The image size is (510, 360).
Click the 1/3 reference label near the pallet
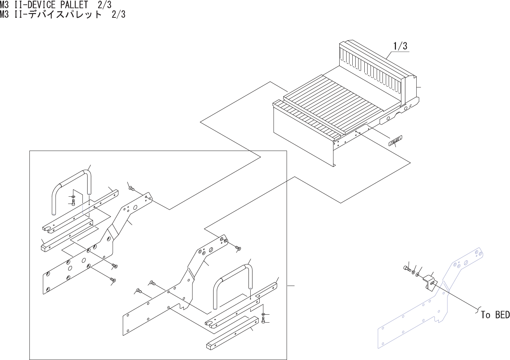pos(400,46)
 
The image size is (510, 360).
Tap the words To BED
pos(495,315)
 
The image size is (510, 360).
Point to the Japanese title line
pos(62,15)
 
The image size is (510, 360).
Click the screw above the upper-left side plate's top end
pos(131,188)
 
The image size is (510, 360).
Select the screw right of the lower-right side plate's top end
pos(238,248)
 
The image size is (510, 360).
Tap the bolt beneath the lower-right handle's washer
pos(263,320)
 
